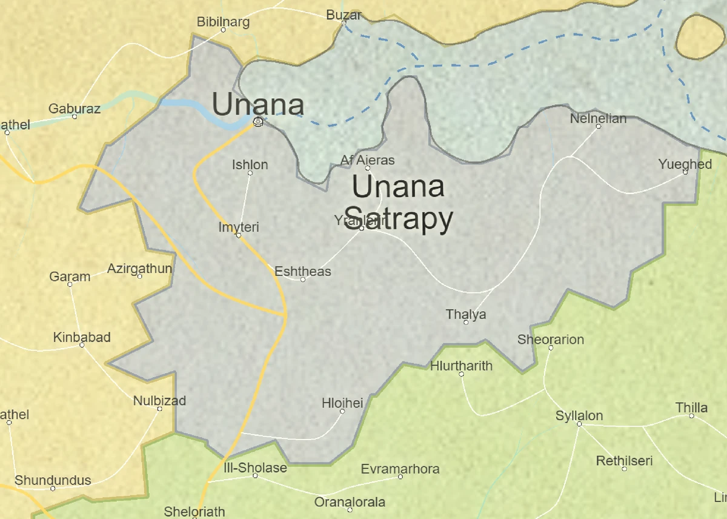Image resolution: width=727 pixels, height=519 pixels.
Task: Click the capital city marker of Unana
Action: coord(258,122)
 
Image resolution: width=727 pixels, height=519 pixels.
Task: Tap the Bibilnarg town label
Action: coord(223,22)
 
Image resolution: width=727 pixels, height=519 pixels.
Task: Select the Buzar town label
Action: coord(344,15)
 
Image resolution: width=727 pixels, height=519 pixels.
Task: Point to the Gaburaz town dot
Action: coord(75,116)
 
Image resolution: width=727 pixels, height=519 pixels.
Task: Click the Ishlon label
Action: coord(250,165)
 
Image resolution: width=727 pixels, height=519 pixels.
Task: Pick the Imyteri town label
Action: coord(239,227)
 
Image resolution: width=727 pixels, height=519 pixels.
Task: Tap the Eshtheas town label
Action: coord(303,271)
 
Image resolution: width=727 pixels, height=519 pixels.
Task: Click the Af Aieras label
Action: coord(367,160)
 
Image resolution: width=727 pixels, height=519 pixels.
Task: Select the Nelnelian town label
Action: coord(598,118)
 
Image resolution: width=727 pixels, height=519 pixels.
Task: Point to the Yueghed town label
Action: coord(685,164)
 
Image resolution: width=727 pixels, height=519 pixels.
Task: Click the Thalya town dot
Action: coord(466,323)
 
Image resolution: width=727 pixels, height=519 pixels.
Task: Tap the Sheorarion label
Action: coord(550,340)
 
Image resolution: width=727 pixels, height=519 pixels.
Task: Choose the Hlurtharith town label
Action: coord(461,366)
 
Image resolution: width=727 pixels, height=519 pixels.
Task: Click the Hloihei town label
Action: coord(342,403)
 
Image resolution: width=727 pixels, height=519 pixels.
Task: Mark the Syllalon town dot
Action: coord(579,424)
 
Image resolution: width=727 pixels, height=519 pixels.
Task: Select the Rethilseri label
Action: coord(624,461)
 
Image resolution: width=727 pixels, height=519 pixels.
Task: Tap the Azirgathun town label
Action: coord(139,269)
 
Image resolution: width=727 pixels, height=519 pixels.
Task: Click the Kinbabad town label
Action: coord(82,337)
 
